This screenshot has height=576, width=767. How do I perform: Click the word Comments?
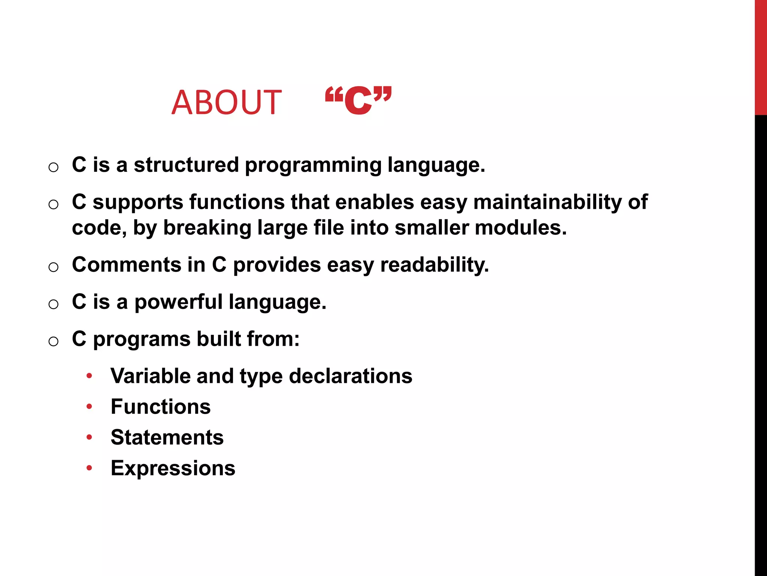click(x=127, y=265)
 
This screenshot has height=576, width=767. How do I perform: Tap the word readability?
click(x=434, y=265)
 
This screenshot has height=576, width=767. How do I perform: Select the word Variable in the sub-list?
click(x=150, y=376)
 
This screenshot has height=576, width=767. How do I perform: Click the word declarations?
click(x=351, y=376)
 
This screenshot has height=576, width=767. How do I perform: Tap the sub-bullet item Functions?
click(x=161, y=406)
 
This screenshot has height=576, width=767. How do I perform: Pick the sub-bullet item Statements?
click(x=167, y=437)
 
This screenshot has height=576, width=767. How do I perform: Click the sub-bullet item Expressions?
click(x=173, y=468)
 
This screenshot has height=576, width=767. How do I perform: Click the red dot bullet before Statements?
click(x=89, y=437)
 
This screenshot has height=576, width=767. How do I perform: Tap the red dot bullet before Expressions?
click(x=89, y=468)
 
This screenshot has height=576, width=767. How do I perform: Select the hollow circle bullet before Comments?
click(x=54, y=267)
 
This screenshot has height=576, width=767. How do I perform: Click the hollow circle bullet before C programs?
click(x=54, y=341)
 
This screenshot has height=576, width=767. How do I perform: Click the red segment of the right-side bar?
click(x=761, y=56)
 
